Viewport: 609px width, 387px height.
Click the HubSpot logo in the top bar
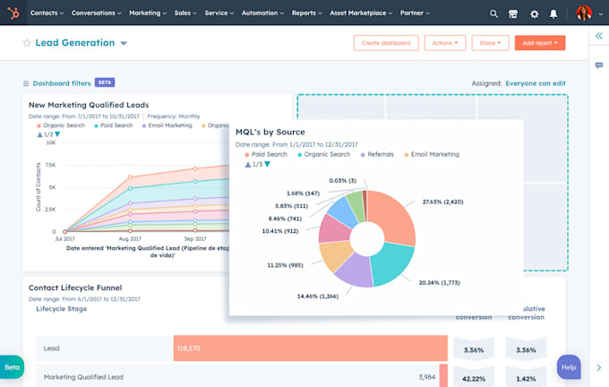[x=13, y=13]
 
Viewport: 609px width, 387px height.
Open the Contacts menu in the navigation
[x=46, y=13]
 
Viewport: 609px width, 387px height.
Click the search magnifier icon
[x=493, y=14]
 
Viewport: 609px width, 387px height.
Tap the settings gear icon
[x=535, y=14]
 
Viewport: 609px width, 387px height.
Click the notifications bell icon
[x=554, y=14]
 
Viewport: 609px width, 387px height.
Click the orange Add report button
[x=539, y=43]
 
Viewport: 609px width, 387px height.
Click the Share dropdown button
[x=490, y=43]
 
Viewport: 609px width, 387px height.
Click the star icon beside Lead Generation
[x=27, y=43]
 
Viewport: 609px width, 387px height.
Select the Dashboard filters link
[x=62, y=82]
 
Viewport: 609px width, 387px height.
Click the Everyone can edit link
[x=536, y=82]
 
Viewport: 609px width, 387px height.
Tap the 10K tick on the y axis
[x=50, y=142]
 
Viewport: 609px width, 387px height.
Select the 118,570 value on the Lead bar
[x=188, y=348]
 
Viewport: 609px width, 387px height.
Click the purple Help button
[x=568, y=366]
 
